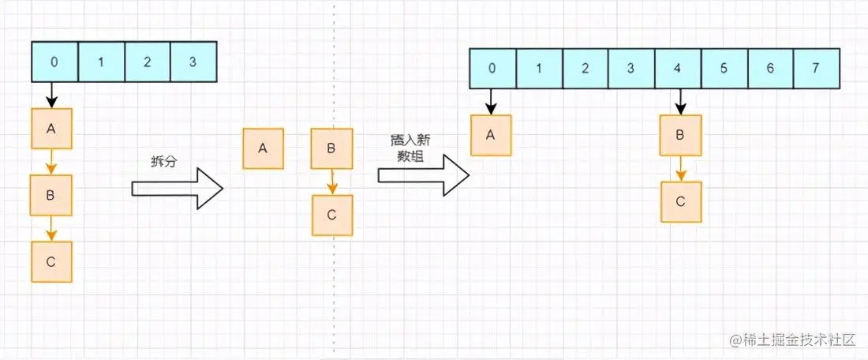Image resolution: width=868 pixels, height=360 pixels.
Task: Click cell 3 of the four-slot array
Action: pyautogui.click(x=193, y=62)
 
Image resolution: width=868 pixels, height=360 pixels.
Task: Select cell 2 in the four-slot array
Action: pyautogui.click(x=147, y=62)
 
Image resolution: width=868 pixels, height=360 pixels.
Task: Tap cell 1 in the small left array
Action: pyautogui.click(x=101, y=62)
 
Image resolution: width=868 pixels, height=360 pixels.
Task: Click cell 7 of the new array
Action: pyautogui.click(x=816, y=69)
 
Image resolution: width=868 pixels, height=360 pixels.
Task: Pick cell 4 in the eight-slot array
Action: pyautogui.click(x=678, y=69)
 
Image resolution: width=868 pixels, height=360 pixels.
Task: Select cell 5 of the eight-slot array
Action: pyautogui.click(x=724, y=69)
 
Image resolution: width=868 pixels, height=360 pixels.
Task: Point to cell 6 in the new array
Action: pyautogui.click(x=770, y=69)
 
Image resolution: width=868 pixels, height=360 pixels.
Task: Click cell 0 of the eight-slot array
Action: pyautogui.click(x=492, y=69)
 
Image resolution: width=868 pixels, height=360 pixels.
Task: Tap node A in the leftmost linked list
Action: pyautogui.click(x=51, y=129)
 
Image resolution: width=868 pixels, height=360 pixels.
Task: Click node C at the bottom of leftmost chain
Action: pyautogui.click(x=51, y=262)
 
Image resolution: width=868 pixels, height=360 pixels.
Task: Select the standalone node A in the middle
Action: pyautogui.click(x=263, y=148)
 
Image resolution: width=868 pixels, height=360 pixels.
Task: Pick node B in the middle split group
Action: pyautogui.click(x=331, y=148)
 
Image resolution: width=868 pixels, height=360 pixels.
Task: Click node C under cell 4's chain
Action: pyautogui.click(x=681, y=202)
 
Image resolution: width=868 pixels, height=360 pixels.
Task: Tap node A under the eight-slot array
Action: pyautogui.click(x=491, y=135)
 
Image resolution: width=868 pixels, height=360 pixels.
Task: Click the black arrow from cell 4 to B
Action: pyautogui.click(x=680, y=102)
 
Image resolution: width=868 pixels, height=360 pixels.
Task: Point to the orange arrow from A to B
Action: pyautogui.click(x=51, y=162)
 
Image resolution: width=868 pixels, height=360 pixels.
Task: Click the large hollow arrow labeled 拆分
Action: pyautogui.click(x=177, y=189)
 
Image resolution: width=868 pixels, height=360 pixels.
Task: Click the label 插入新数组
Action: pyautogui.click(x=410, y=148)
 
